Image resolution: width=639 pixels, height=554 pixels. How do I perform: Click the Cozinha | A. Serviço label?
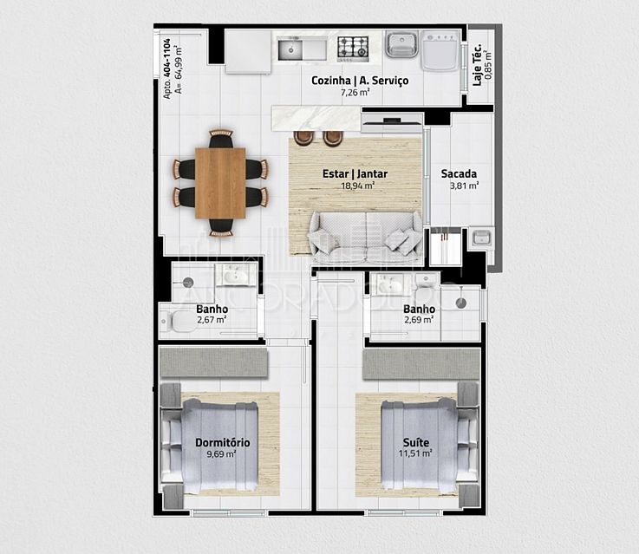[x=360, y=81]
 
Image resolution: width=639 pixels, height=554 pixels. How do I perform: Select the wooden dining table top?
[x=220, y=183]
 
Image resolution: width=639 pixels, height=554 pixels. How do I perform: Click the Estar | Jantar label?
[x=355, y=174]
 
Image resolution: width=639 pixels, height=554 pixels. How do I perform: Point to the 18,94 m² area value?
[x=357, y=186]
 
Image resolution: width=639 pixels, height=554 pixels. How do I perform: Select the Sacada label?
[x=459, y=173]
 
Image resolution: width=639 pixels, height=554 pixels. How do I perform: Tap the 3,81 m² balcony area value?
[x=464, y=185]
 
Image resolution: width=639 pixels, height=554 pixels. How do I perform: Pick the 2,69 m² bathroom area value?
[x=419, y=319]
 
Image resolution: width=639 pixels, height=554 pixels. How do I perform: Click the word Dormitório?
[x=223, y=443]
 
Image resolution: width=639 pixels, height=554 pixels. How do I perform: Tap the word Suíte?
[x=416, y=443]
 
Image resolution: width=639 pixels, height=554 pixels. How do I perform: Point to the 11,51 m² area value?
[x=416, y=453]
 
